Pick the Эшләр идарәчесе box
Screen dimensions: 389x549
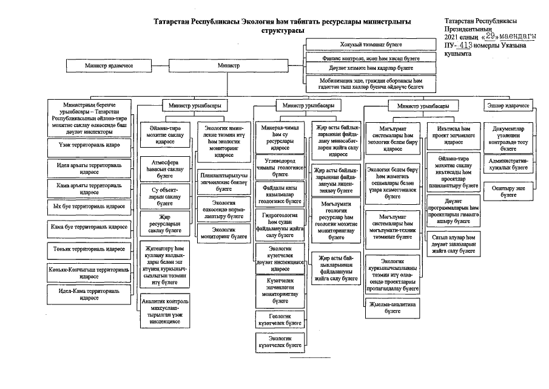click(508, 106)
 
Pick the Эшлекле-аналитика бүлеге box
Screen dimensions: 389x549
click(392, 307)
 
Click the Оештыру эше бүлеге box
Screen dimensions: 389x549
click(508, 191)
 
